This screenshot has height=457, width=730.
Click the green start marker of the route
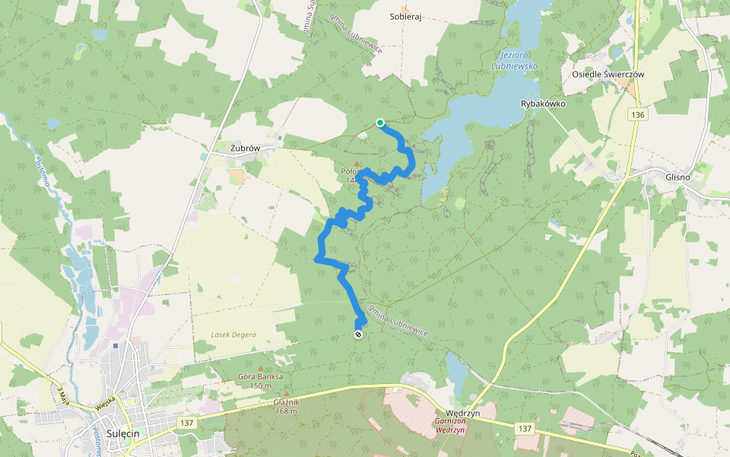tap(379, 122)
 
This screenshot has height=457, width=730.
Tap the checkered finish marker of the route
tap(358, 334)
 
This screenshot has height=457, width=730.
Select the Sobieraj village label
tap(405, 16)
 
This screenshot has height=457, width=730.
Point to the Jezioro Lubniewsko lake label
tap(519, 61)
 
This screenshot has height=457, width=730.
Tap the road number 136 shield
tap(637, 114)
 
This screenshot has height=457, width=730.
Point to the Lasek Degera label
tap(233, 335)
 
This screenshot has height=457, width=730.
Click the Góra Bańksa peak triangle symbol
tap(261, 369)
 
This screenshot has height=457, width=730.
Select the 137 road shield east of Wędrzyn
tap(525, 430)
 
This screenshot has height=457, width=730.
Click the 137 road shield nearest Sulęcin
tap(188, 422)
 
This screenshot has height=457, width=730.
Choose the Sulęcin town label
tap(123, 432)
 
